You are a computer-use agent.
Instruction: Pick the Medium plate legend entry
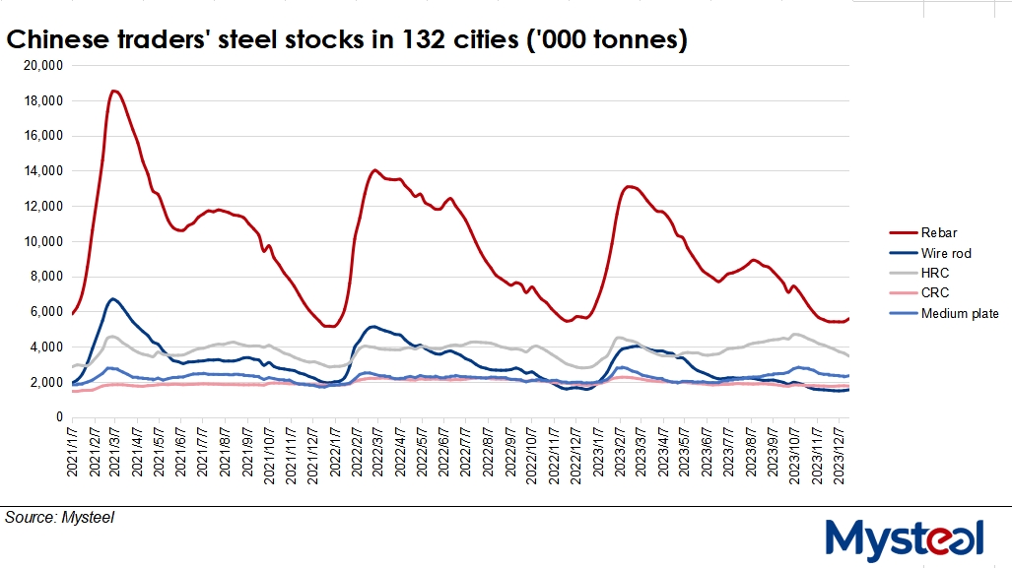click(960, 313)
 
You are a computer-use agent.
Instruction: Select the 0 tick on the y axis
click(58, 417)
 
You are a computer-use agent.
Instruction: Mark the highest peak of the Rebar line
click(114, 91)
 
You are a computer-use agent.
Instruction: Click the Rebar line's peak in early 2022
click(374, 170)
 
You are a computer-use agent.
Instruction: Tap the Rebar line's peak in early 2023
click(630, 186)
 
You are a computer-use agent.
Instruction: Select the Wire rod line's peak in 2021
click(113, 298)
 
